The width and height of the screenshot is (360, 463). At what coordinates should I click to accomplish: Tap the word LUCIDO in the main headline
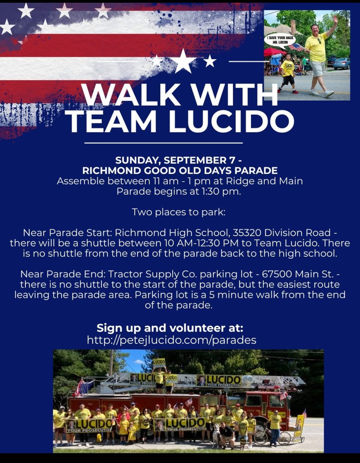[231, 122]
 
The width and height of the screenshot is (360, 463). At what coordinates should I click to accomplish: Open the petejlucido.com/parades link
[172, 340]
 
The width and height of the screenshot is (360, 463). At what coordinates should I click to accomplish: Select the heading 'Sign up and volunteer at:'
[170, 328]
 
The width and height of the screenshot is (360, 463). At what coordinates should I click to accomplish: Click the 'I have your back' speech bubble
[279, 40]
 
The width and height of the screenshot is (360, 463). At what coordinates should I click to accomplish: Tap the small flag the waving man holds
[297, 47]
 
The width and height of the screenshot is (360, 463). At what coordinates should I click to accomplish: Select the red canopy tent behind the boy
[275, 52]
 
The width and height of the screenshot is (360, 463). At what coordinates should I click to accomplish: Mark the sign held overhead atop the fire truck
[159, 363]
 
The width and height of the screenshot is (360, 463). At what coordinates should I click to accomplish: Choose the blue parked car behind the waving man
[341, 63]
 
